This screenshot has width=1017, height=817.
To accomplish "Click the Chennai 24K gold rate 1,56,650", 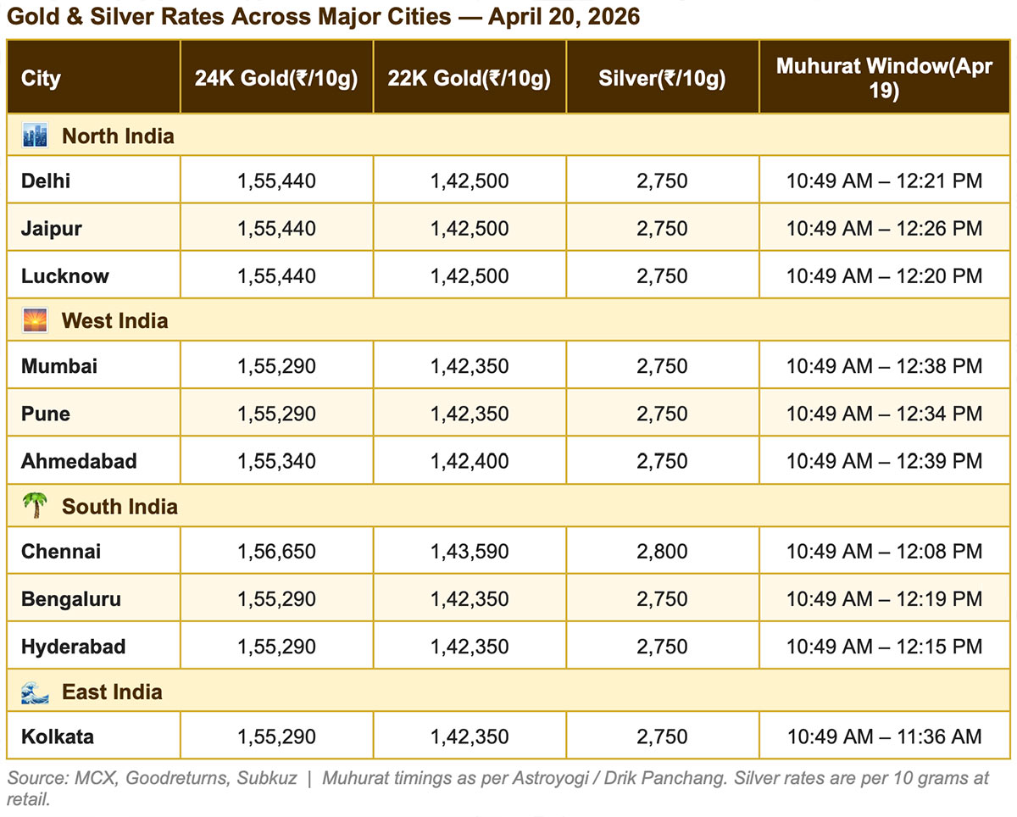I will [x=276, y=552].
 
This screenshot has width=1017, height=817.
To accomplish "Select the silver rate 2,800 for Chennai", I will [x=662, y=552].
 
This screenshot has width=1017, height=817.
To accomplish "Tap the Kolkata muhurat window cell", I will [x=884, y=736].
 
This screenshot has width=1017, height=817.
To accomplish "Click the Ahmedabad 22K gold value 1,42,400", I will [x=470, y=461].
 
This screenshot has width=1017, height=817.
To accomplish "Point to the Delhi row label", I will [x=46, y=181].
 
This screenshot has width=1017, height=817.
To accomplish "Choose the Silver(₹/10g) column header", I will [x=662, y=79].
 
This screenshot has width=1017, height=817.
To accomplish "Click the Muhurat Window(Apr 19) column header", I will [x=884, y=79].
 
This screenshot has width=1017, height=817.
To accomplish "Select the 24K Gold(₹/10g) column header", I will [x=276, y=79].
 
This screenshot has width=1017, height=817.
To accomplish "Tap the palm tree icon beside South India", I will [x=35, y=507].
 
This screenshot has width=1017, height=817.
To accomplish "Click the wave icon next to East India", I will [x=35, y=692].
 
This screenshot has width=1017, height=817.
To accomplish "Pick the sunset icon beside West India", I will [x=35, y=321].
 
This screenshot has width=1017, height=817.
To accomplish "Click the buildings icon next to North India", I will [x=35, y=136].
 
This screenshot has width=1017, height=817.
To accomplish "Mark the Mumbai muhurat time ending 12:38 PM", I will [x=884, y=366].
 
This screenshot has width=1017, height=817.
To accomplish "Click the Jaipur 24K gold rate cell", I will [x=276, y=228].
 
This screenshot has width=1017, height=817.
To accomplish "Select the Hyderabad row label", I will [x=73, y=647].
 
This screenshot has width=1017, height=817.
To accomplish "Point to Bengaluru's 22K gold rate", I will [x=470, y=599].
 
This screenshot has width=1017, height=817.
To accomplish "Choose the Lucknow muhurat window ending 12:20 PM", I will [x=884, y=275].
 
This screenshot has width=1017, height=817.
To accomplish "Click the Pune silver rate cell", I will [x=662, y=414].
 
